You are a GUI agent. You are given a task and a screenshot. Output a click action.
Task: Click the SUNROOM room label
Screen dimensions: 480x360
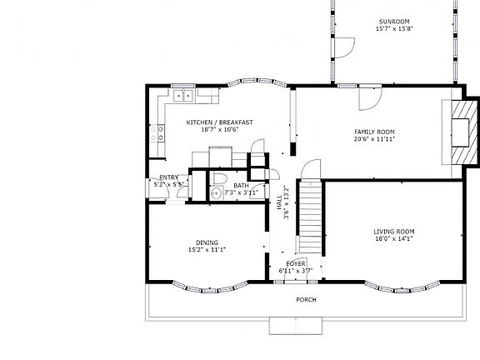click(x=394, y=22)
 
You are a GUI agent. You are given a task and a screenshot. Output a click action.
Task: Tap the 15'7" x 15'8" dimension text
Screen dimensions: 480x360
click(x=395, y=29)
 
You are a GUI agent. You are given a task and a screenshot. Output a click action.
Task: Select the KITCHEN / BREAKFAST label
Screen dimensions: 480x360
click(x=219, y=122)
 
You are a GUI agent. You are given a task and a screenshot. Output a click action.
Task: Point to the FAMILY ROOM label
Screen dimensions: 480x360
click(x=374, y=132)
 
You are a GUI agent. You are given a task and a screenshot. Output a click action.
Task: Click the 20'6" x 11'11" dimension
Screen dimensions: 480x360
click(x=374, y=139)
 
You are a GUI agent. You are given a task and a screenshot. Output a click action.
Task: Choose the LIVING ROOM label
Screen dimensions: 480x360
click(x=394, y=232)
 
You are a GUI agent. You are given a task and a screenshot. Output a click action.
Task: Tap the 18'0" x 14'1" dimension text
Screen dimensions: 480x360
click(x=394, y=239)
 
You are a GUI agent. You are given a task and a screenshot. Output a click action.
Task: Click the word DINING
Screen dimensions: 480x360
click(x=207, y=242)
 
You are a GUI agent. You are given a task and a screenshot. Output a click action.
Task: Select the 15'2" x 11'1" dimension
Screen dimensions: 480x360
click(x=207, y=250)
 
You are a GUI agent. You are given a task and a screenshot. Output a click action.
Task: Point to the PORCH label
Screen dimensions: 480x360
click(x=306, y=300)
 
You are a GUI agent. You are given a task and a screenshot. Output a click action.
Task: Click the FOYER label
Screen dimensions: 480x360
click(x=296, y=264)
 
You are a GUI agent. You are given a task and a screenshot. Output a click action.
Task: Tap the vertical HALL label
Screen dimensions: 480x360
click(x=279, y=202)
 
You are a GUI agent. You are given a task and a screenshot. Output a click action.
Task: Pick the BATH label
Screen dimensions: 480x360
click(x=241, y=186)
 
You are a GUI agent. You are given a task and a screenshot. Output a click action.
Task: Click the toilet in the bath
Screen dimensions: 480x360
click(x=218, y=178)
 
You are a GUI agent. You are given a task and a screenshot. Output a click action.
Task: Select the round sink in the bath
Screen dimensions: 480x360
click(x=217, y=193)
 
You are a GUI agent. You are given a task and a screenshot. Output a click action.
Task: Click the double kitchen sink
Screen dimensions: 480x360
click(x=183, y=96)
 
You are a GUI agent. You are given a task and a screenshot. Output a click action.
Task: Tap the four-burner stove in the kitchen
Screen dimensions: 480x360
click(x=157, y=134)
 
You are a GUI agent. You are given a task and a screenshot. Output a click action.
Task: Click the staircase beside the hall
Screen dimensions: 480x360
click(x=310, y=217)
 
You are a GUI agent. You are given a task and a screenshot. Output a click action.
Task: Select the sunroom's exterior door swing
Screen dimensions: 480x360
click(x=345, y=47)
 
